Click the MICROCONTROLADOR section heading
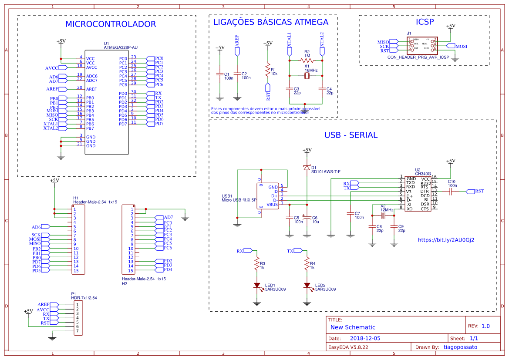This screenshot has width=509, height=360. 110,24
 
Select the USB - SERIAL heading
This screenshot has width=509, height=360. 351,135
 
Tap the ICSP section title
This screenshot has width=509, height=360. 425,22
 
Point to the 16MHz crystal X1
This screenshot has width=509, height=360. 307,76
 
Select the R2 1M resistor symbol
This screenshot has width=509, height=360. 306,61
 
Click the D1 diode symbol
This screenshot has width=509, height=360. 307,168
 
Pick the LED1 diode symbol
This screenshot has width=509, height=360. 257,286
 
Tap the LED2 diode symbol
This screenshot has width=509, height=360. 307,286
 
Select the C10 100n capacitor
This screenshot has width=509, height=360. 452,191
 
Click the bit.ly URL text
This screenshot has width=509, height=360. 446,240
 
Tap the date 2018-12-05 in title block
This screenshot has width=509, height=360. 365,338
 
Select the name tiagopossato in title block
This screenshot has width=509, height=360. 460,347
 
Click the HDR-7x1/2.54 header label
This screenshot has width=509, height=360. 84,298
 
